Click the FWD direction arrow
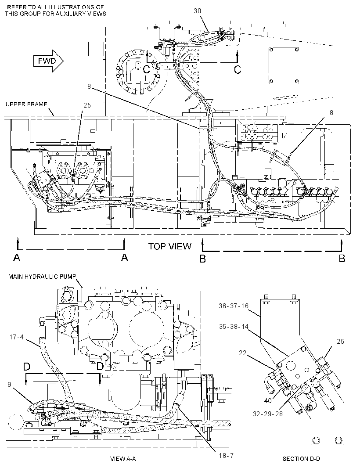tap(48, 61)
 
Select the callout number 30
tap(197, 11)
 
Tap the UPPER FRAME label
tap(26, 104)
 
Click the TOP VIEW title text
tap(169, 246)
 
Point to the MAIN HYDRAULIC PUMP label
tap(42, 277)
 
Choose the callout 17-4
tap(16, 337)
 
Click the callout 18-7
tap(226, 455)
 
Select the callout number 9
tap(9, 385)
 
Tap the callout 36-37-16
tap(234, 306)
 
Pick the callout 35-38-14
tap(234, 327)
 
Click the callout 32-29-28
tap(268, 414)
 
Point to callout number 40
tap(267, 399)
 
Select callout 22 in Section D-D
tap(243, 353)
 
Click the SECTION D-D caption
tap(301, 458)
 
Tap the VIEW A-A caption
tap(123, 459)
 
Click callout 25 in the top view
tap(87, 105)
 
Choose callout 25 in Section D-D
tap(340, 341)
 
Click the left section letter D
tap(27, 367)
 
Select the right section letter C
tap(238, 69)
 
